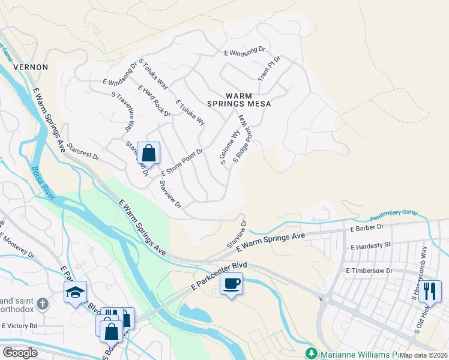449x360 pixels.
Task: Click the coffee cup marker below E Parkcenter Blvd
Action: [x=231, y=283]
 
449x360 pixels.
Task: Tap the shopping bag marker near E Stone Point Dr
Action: [x=148, y=153]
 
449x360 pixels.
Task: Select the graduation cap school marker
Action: [x=75, y=292]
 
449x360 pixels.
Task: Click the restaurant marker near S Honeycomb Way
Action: [x=429, y=291]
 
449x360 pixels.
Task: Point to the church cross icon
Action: [x=42, y=304]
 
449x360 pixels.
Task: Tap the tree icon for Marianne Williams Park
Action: [x=312, y=352]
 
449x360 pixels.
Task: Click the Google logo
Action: [x=20, y=352]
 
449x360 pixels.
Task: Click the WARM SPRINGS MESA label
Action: [x=239, y=100]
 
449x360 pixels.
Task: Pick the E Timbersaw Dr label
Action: [x=369, y=271]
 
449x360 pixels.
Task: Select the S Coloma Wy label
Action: [x=229, y=148]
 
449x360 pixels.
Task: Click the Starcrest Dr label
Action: [x=83, y=151]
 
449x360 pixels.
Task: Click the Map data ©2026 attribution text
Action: [x=423, y=355]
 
